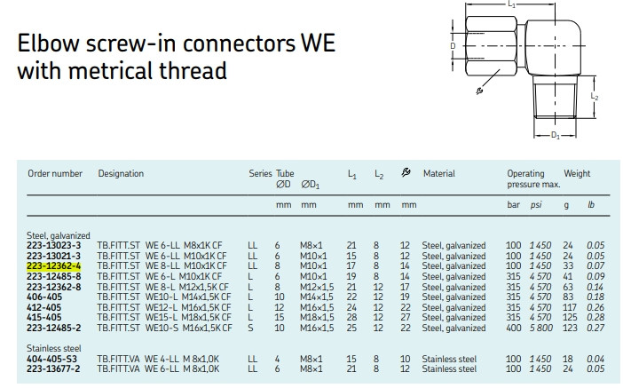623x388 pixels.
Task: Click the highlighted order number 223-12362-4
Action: [x=53, y=266]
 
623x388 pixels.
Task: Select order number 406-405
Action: [x=44, y=297]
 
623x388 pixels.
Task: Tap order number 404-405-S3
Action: [x=51, y=359]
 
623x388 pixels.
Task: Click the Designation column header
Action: [x=121, y=174]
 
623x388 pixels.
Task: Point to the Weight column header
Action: [x=577, y=173]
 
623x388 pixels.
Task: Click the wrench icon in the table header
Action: [x=406, y=172]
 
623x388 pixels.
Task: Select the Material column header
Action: [x=439, y=173]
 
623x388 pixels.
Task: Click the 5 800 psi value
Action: [x=540, y=328]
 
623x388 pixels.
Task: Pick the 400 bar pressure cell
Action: [x=513, y=328]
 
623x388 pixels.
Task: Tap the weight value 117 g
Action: [x=570, y=307]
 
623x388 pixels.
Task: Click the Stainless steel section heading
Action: [x=53, y=349]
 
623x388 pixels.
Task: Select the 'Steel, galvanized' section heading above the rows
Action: [x=59, y=236]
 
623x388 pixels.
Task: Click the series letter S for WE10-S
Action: [x=250, y=328]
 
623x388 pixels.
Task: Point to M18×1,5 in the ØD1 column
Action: [x=317, y=318]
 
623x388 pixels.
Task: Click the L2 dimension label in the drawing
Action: [x=595, y=97]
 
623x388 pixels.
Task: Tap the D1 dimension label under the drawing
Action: [x=556, y=136]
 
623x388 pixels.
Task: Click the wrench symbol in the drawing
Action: [x=479, y=91]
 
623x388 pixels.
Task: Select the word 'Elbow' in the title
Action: [x=48, y=43]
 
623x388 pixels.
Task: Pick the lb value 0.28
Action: [x=595, y=318]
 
